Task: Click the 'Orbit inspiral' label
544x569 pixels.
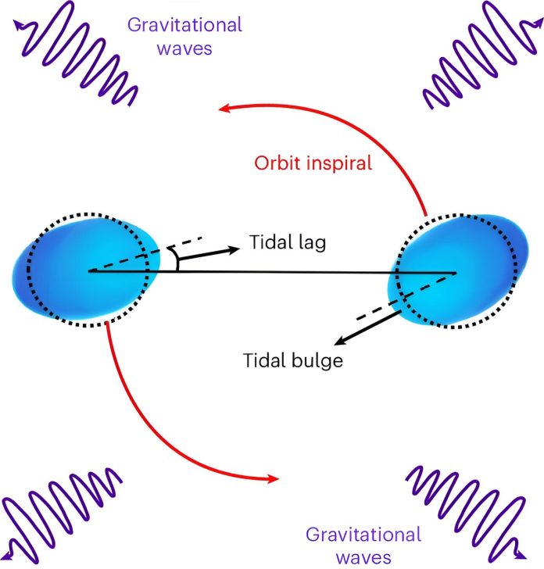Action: pos(313,163)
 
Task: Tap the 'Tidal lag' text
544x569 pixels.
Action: pos(288,242)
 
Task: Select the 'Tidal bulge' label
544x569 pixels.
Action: pos(293,360)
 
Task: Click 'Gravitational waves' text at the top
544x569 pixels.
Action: pos(184,37)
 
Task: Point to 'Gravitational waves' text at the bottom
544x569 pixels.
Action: pos(363,546)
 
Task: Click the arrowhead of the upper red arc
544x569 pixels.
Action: pos(224,108)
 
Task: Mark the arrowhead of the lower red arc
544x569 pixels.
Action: pos(273,479)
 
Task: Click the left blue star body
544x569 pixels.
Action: pos(86,270)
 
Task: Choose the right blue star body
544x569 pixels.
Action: pos(458,271)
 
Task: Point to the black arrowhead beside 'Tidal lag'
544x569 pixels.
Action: pos(234,249)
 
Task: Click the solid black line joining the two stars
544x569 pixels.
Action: pos(272,271)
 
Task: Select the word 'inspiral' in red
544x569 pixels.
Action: pos(339,163)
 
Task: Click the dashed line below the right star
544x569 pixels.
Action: pos(402,296)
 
